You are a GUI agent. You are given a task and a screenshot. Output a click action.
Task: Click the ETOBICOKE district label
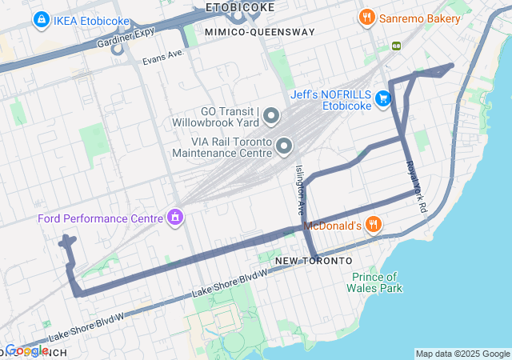click(239, 7)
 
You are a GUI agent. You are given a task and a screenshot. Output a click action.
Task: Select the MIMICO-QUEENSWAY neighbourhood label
click(259, 32)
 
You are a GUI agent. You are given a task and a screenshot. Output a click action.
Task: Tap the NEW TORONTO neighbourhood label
click(313, 262)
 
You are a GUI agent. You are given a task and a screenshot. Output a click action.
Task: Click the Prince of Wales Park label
click(375, 283)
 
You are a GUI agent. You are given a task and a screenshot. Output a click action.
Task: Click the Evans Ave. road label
click(164, 57)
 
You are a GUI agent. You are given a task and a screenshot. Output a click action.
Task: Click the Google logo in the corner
click(26, 350)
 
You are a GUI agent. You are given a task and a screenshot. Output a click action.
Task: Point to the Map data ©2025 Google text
click(462, 354)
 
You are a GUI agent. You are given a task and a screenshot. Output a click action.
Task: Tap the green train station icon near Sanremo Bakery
click(395, 46)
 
